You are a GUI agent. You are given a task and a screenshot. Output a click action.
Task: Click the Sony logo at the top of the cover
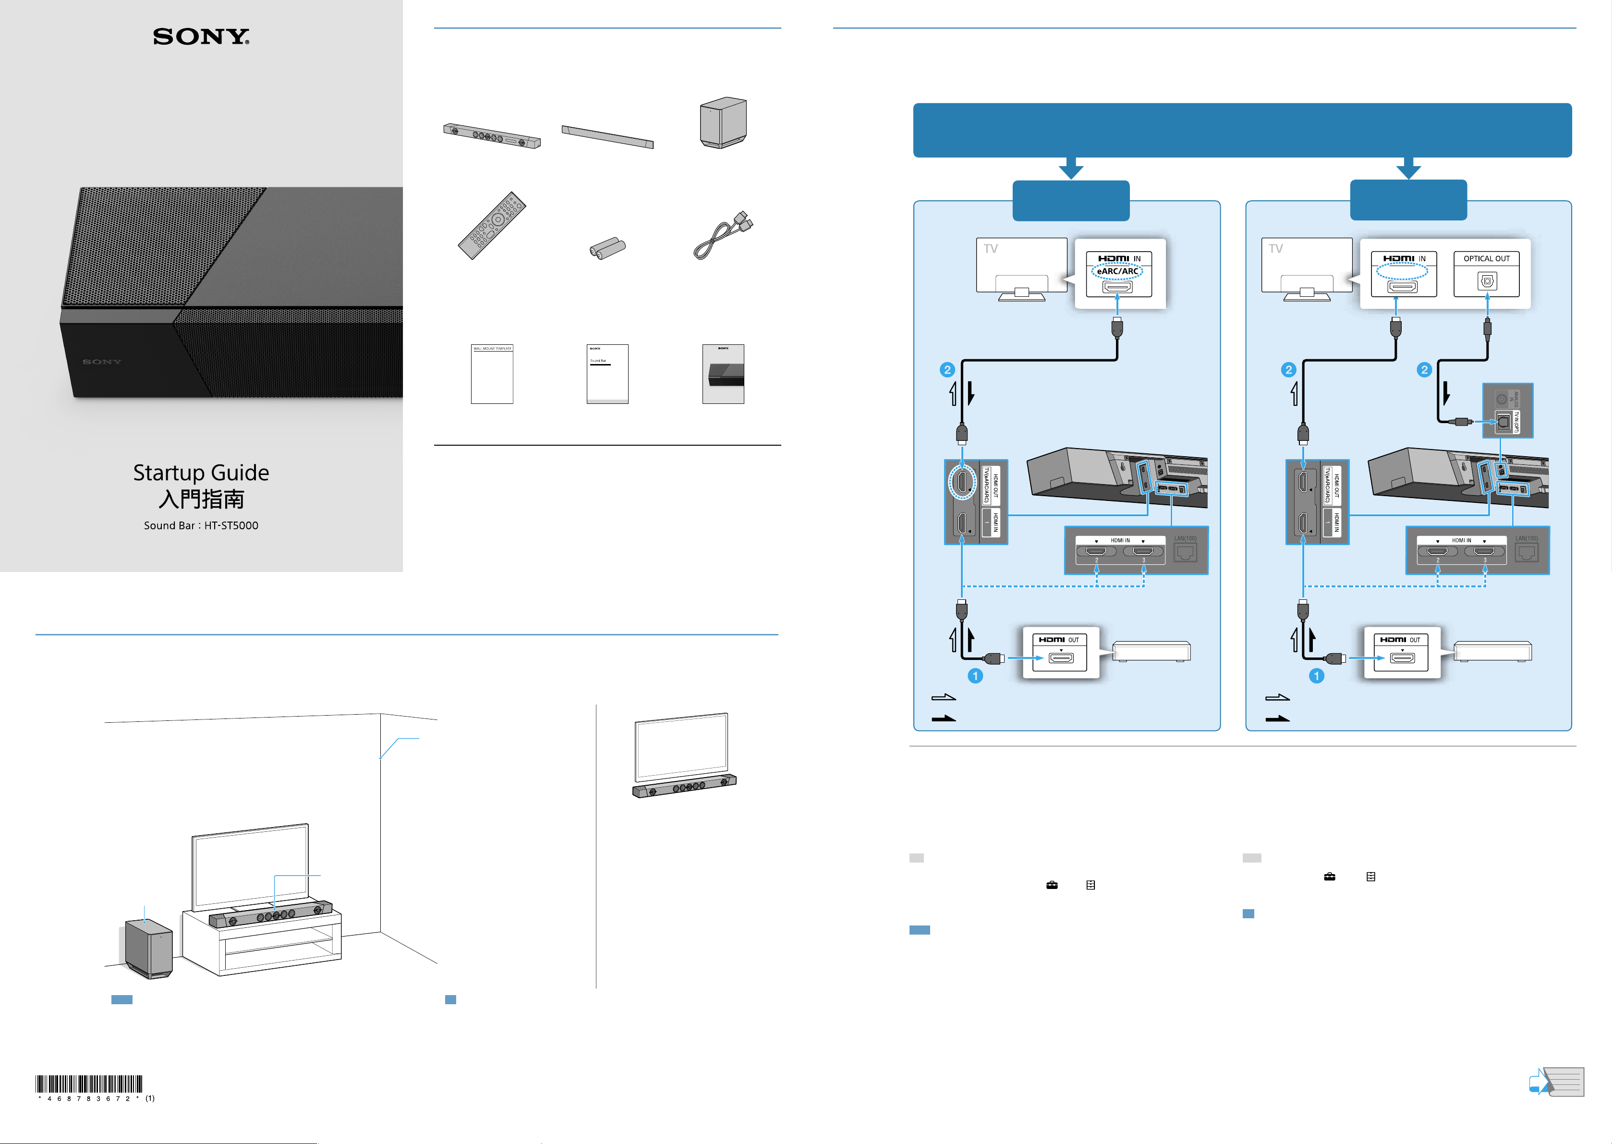pyautogui.click(x=201, y=37)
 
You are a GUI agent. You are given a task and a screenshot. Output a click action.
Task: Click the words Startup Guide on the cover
pyautogui.click(x=201, y=473)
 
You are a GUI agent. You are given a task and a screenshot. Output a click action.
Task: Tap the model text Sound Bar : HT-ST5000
pyautogui.click(x=201, y=525)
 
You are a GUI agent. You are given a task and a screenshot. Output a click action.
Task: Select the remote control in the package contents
pyautogui.click(x=492, y=225)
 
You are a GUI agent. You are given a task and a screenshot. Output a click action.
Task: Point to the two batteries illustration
pyautogui.click(x=607, y=248)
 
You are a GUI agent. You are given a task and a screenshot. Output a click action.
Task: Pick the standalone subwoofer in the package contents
pyautogui.click(x=723, y=122)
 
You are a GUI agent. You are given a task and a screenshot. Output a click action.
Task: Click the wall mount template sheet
pyautogui.click(x=492, y=374)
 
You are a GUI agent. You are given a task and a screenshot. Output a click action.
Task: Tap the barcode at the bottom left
pyautogui.click(x=89, y=1084)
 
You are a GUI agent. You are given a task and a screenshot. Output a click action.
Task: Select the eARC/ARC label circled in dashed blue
pyautogui.click(x=1117, y=271)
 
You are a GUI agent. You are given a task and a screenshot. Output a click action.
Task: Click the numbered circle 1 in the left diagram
pyautogui.click(x=975, y=676)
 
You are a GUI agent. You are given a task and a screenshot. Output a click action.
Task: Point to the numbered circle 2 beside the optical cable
pyautogui.click(x=1424, y=370)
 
